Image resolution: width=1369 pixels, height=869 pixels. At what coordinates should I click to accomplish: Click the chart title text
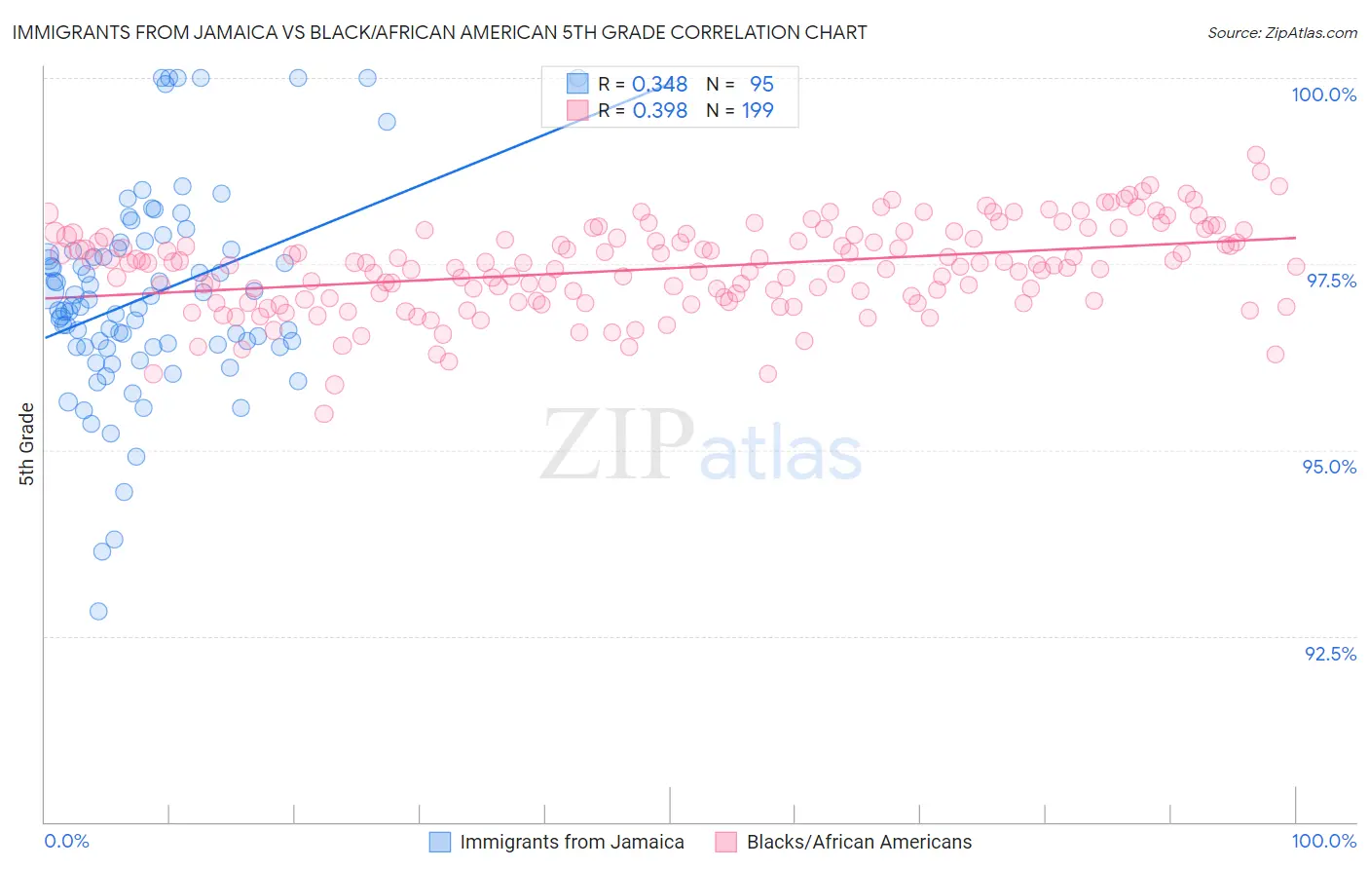tap(439, 32)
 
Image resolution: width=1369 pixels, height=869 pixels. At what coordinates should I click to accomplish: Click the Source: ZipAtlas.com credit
tap(1281, 32)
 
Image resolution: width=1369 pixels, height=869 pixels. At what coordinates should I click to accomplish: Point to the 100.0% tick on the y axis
tap(1323, 94)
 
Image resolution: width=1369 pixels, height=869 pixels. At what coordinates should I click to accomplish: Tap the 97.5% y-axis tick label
tap(1330, 281)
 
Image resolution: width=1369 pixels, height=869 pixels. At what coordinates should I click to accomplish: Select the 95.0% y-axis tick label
tap(1329, 467)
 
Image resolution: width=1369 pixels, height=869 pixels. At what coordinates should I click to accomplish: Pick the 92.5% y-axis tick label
tap(1330, 654)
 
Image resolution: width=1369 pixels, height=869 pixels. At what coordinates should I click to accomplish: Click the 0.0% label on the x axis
tap(66, 841)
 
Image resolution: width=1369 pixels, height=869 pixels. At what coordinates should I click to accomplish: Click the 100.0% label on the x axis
tap(1323, 841)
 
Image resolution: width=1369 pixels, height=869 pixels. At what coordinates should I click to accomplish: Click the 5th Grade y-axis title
tap(26, 444)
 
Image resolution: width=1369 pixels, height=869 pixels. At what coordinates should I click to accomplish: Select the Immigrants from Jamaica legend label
tap(572, 842)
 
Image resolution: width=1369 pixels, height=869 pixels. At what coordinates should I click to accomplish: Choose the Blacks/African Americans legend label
tap(859, 842)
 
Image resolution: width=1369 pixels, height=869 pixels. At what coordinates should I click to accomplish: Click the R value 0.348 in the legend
tap(659, 85)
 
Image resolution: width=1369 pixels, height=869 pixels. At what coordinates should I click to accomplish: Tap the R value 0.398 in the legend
tap(659, 111)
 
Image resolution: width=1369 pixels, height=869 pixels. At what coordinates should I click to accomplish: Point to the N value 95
tap(760, 85)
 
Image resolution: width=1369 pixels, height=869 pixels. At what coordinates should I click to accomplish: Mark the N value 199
tap(758, 111)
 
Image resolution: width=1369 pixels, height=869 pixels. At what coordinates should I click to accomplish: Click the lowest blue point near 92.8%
tap(98, 612)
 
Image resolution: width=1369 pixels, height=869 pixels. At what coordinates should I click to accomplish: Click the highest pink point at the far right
tap(1256, 155)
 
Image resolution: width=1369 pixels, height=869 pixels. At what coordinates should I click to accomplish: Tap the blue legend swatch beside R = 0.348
tap(577, 84)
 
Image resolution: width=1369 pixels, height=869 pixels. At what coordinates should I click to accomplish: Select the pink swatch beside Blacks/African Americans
tap(725, 842)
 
